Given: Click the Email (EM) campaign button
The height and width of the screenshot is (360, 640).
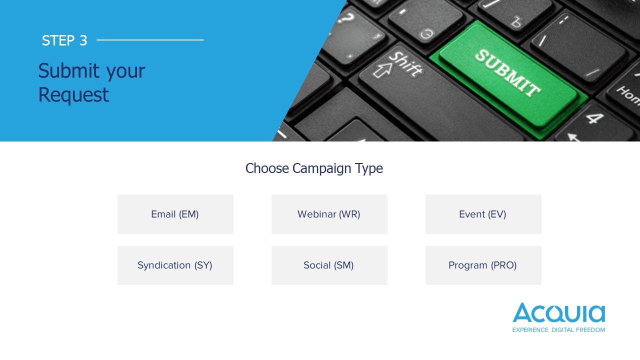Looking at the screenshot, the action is pyautogui.click(x=175, y=214).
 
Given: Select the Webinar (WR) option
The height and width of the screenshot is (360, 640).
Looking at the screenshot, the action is pyautogui.click(x=329, y=214).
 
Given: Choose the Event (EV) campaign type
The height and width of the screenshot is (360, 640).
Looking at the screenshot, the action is pyautogui.click(x=483, y=214).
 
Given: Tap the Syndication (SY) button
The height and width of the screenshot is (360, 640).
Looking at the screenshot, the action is pyautogui.click(x=175, y=265).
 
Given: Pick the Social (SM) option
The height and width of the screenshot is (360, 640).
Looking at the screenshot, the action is pyautogui.click(x=329, y=265).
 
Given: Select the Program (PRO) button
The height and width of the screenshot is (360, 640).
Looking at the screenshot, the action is pyautogui.click(x=483, y=265).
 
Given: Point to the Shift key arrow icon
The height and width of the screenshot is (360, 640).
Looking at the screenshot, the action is pyautogui.click(x=382, y=70).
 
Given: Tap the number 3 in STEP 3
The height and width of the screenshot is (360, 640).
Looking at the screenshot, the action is pyautogui.click(x=83, y=40).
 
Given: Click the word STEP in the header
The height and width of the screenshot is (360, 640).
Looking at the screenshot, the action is pyautogui.click(x=58, y=40).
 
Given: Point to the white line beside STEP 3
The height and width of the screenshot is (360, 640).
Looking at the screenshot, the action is pyautogui.click(x=150, y=40).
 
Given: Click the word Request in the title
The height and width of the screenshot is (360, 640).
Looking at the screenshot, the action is pyautogui.click(x=73, y=95).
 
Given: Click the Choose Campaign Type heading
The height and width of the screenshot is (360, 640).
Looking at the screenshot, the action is pyautogui.click(x=314, y=168).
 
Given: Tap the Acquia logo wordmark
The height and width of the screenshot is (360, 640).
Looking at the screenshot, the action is pyautogui.click(x=559, y=312).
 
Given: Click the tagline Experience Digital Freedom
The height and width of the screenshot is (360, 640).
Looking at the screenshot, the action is pyautogui.click(x=558, y=330).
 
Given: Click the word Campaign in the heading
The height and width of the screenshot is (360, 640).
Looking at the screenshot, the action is pyautogui.click(x=322, y=168).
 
